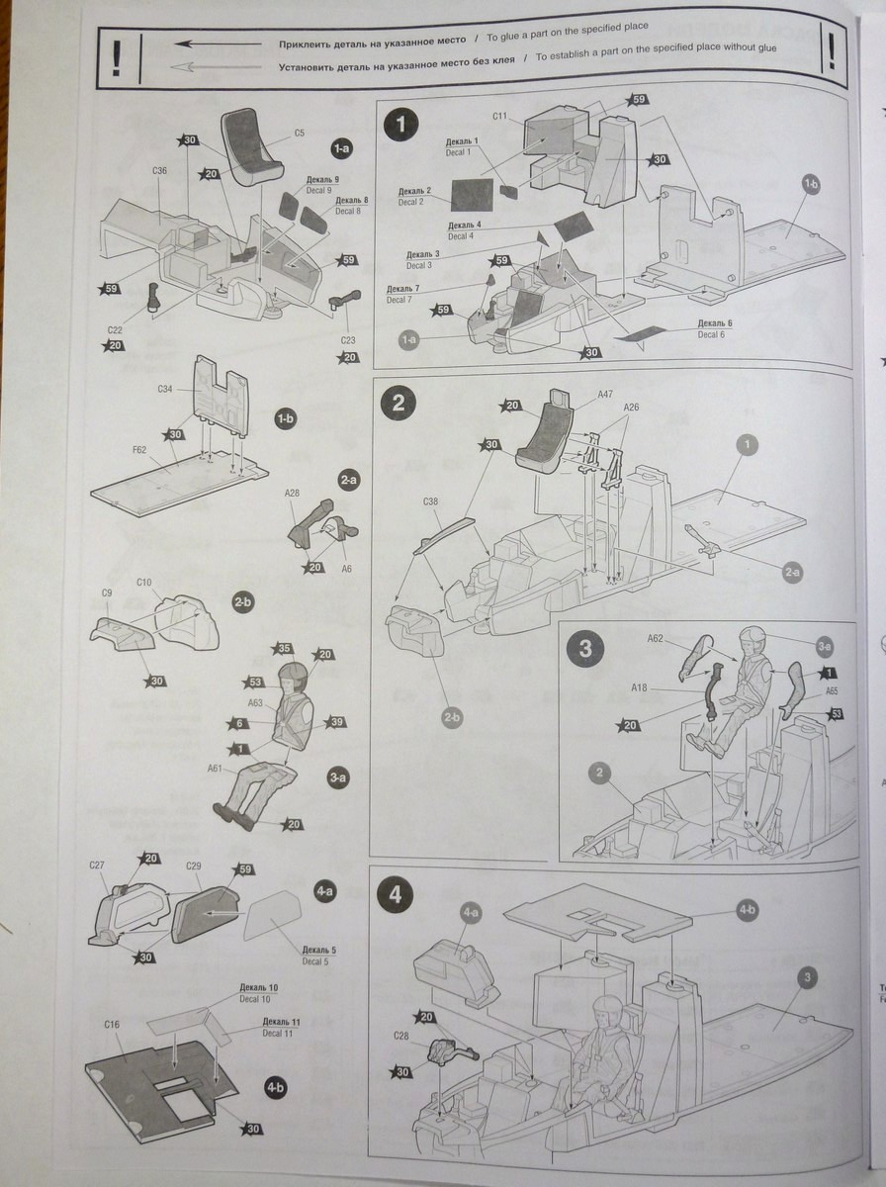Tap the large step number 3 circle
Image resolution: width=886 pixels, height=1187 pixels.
pyautogui.click(x=584, y=649)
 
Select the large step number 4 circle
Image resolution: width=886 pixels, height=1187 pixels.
pyautogui.click(x=396, y=895)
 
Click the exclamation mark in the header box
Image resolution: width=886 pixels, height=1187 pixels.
pyautogui.click(x=117, y=58)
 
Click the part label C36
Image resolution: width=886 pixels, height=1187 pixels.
pyautogui.click(x=160, y=171)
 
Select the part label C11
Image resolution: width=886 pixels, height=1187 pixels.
pyautogui.click(x=499, y=117)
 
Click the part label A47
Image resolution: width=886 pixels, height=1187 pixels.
pyautogui.click(x=605, y=393)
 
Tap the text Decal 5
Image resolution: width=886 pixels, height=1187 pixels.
pyautogui.click(x=318, y=960)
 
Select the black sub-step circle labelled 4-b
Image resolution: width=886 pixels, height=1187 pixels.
pyautogui.click(x=275, y=1087)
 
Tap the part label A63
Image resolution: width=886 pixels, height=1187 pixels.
pyautogui.click(x=255, y=703)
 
